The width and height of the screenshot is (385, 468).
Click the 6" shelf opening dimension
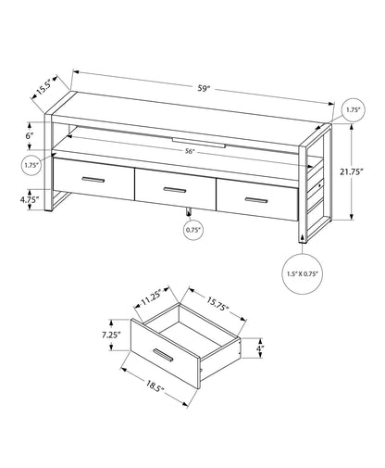[30, 136]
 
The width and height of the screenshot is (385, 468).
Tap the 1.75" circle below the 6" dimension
[31, 166]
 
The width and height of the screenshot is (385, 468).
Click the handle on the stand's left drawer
[94, 178]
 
